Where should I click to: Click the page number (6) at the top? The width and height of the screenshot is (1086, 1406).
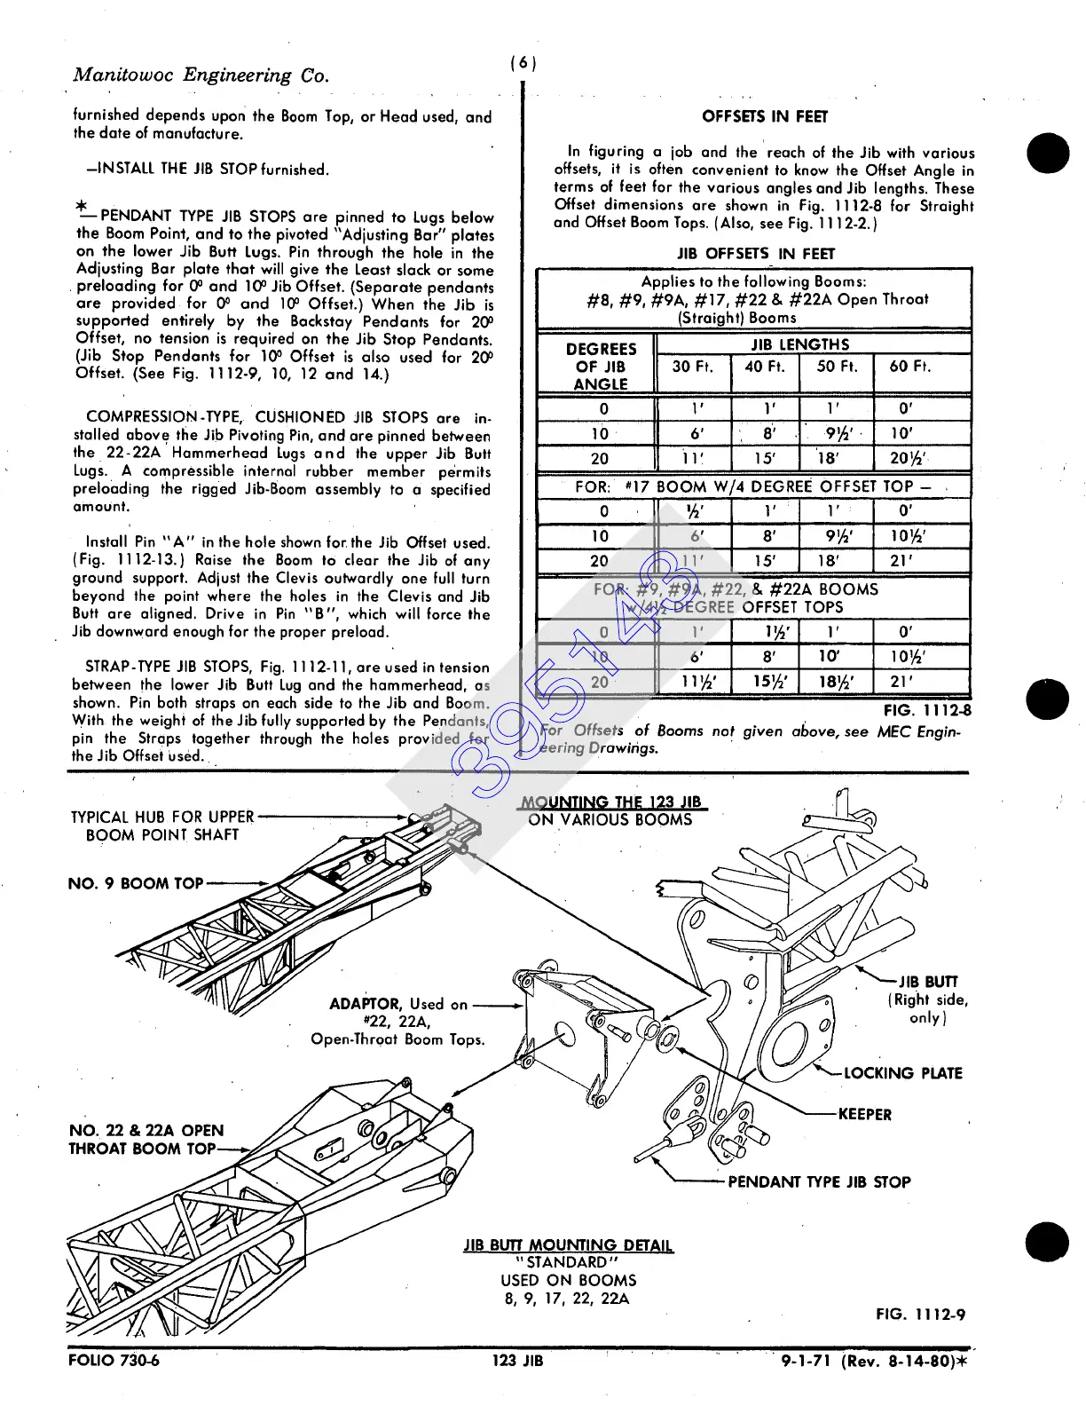(x=523, y=63)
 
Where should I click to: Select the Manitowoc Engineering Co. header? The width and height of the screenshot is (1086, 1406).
(x=201, y=75)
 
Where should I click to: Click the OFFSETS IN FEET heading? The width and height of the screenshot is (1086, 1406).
(x=764, y=116)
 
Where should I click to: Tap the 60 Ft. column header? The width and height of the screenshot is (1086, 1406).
(x=910, y=366)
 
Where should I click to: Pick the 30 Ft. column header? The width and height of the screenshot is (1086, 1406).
(x=693, y=366)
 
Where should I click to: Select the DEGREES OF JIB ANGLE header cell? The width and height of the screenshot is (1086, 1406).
(x=601, y=366)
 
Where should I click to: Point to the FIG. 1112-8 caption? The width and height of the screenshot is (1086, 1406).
(x=926, y=710)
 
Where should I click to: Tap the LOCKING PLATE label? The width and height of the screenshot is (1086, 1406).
(x=902, y=1073)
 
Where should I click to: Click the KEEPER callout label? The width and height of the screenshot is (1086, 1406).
(x=865, y=1114)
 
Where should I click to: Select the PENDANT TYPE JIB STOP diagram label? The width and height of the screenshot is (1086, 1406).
(x=819, y=1181)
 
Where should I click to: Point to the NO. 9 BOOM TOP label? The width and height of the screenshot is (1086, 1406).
(x=135, y=883)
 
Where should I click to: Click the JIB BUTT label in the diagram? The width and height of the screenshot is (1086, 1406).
(x=928, y=982)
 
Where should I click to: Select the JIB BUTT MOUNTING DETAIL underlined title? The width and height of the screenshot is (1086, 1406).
(x=568, y=1245)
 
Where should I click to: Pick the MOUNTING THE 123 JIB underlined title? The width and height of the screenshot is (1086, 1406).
(x=613, y=802)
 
